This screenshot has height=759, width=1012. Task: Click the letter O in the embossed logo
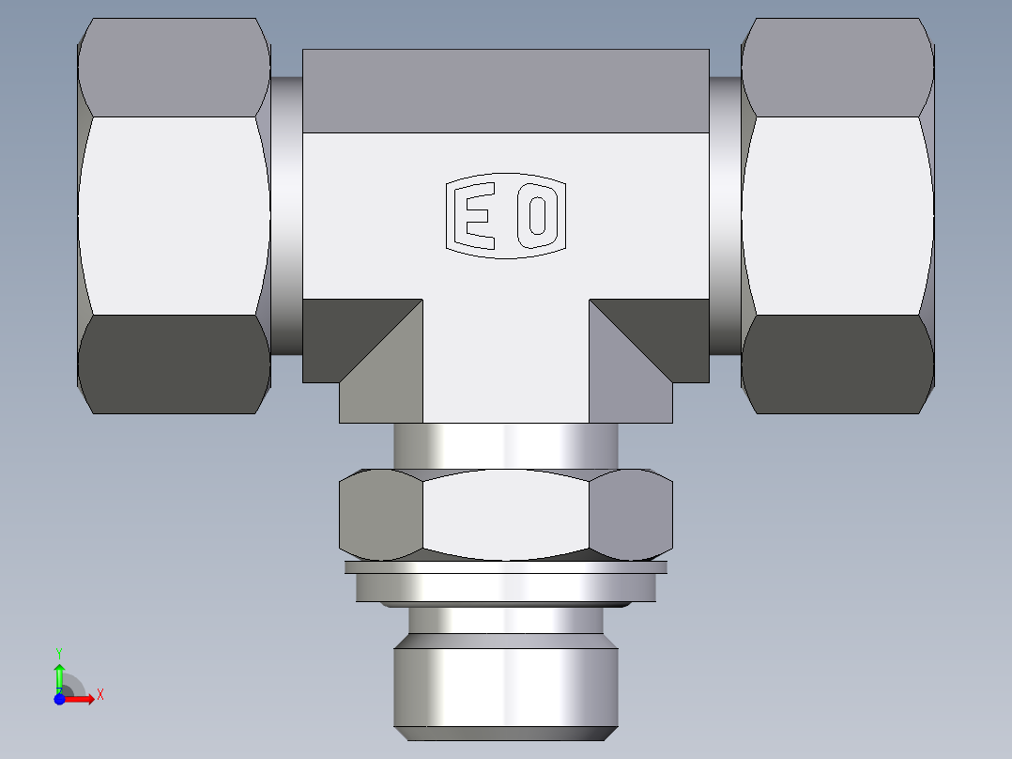[537, 215]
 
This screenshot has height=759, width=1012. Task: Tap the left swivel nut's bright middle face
[174, 215]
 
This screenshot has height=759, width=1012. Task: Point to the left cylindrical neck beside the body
[286, 216]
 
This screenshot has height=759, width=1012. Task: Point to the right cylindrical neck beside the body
[724, 216]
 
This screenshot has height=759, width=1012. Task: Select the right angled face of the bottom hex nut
[631, 514]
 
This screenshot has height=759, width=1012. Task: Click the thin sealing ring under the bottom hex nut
[505, 567]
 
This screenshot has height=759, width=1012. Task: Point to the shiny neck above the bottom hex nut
[505, 445]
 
